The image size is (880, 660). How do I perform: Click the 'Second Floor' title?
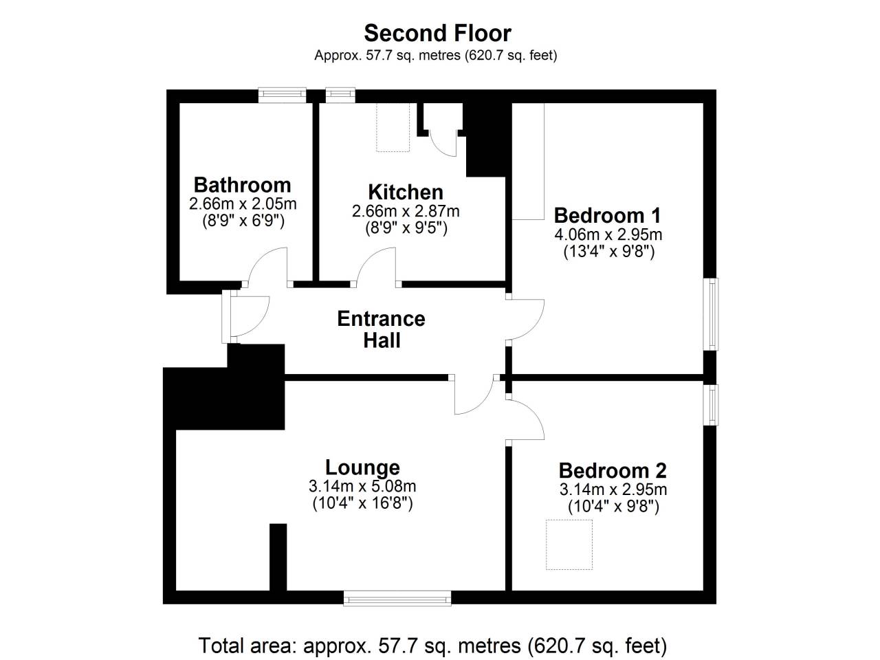pyautogui.click(x=437, y=33)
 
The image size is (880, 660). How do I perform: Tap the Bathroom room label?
pyautogui.click(x=243, y=185)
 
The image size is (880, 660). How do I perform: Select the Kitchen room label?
pyautogui.click(x=406, y=192)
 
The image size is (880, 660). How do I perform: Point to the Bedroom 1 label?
pyautogui.click(x=607, y=216)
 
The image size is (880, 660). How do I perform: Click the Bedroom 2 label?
pyautogui.click(x=613, y=471)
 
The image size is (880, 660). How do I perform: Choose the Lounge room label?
pyautogui.click(x=362, y=467)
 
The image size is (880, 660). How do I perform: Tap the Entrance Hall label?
pyautogui.click(x=382, y=329)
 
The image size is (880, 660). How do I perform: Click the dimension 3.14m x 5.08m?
pyautogui.click(x=362, y=487)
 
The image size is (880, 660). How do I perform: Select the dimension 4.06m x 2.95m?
pyautogui.click(x=608, y=234)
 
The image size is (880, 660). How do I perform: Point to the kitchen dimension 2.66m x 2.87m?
pyautogui.click(x=406, y=211)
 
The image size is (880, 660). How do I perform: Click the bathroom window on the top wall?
pyautogui.click(x=283, y=95)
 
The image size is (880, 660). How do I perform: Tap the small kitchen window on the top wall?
pyautogui.click(x=340, y=95)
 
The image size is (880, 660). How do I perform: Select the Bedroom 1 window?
pyautogui.click(x=711, y=313)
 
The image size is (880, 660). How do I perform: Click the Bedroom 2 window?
pyautogui.click(x=711, y=405)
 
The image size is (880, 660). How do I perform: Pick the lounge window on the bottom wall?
pyautogui.click(x=397, y=599)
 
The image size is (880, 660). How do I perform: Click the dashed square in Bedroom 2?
pyautogui.click(x=569, y=544)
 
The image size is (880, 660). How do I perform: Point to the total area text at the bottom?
pyautogui.click(x=433, y=646)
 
